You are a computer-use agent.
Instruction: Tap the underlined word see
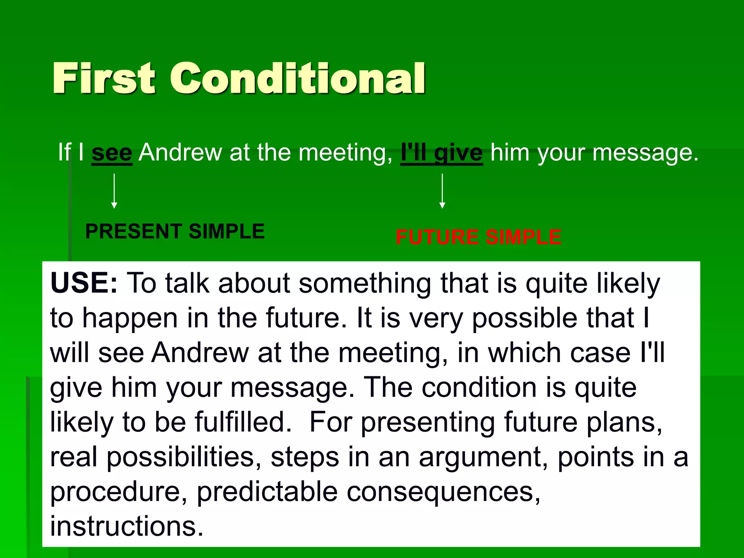pyautogui.click(x=112, y=153)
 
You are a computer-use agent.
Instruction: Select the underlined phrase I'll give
pyautogui.click(x=441, y=153)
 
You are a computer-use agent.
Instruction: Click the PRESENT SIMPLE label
pyautogui.click(x=175, y=231)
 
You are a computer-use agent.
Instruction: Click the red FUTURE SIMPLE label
pyautogui.click(x=478, y=237)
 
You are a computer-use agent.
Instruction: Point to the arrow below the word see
pyautogui.click(x=114, y=191)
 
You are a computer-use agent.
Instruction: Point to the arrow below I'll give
pyautogui.click(x=442, y=191)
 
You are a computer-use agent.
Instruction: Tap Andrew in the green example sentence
pyautogui.click(x=180, y=153)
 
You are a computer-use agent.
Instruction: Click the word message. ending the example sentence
pyautogui.click(x=645, y=153)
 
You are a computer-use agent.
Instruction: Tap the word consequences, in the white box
pyautogui.click(x=443, y=492)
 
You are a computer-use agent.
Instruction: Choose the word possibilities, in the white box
pyautogui.click(x=184, y=457)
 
